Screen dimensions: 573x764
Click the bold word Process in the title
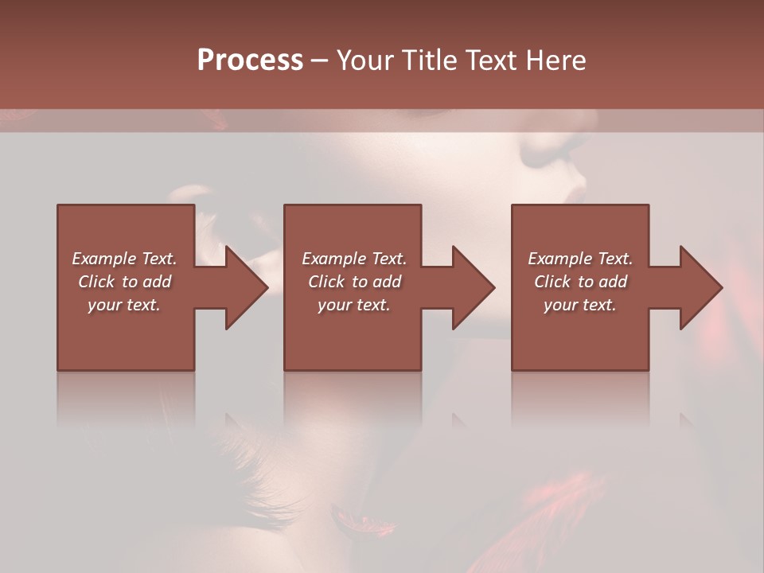[x=250, y=60]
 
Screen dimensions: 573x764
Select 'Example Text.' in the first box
[x=124, y=259]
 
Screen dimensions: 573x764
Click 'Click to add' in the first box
[x=124, y=282]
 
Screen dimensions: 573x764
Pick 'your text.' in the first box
[x=124, y=305]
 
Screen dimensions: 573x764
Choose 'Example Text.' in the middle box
[x=354, y=259]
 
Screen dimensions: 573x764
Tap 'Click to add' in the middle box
[x=354, y=282]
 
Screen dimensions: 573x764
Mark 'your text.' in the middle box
[x=354, y=305]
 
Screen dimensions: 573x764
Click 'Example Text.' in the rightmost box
[x=580, y=259]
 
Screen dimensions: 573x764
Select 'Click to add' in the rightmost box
[x=580, y=282]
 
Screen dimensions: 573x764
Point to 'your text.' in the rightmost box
[x=580, y=305]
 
